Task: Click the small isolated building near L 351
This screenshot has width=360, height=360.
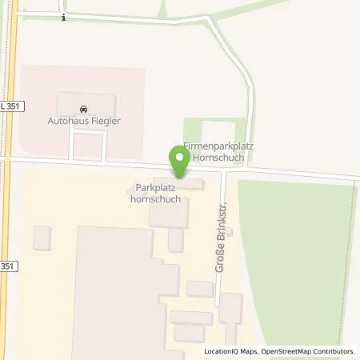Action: [42, 237]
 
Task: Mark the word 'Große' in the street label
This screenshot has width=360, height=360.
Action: [218, 258]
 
